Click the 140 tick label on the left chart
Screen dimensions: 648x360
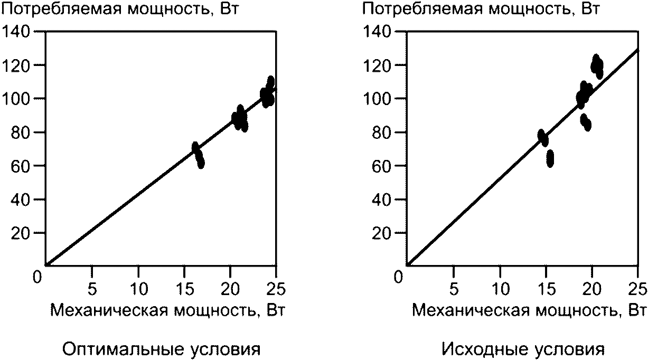(x=16, y=31)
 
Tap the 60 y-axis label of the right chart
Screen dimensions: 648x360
(x=382, y=166)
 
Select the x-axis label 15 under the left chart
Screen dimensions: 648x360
(x=184, y=289)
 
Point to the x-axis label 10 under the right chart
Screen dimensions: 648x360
(x=500, y=289)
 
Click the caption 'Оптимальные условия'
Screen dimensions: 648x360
(x=162, y=349)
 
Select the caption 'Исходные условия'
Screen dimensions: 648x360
(x=523, y=349)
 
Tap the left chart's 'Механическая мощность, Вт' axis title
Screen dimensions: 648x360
(x=168, y=311)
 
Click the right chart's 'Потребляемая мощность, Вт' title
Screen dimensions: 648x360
(x=481, y=8)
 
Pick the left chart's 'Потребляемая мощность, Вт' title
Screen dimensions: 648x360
(x=120, y=8)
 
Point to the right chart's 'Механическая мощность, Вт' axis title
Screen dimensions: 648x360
(x=529, y=311)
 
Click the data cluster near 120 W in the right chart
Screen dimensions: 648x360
(x=597, y=67)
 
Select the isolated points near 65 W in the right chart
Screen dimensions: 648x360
(x=550, y=158)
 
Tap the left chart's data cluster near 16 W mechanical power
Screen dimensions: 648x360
(x=198, y=155)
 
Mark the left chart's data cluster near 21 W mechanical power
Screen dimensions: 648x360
(x=240, y=119)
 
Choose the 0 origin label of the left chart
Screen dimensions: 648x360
(x=37, y=277)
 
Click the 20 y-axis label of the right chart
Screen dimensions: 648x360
(x=382, y=233)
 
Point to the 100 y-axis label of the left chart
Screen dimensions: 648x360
(x=16, y=99)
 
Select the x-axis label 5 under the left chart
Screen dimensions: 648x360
(x=92, y=289)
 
